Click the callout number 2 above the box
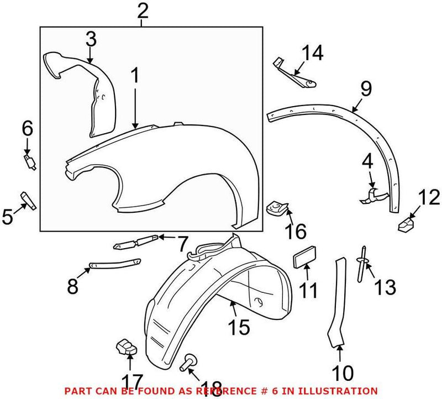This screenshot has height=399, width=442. click(143, 11)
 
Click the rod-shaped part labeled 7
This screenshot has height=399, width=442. click(135, 242)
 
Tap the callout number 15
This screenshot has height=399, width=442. click(239, 327)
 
